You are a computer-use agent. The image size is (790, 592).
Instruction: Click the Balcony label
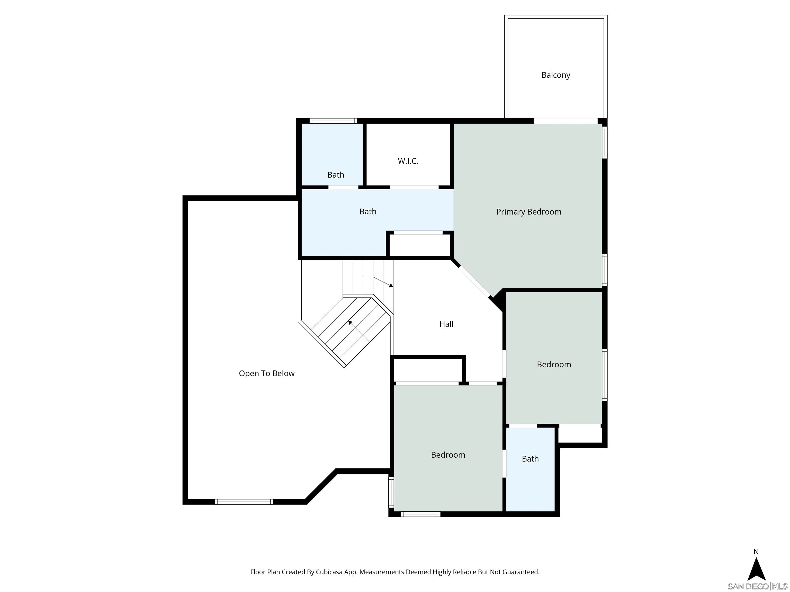pyautogui.click(x=555, y=75)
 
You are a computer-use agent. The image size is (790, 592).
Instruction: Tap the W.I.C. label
pyautogui.click(x=408, y=161)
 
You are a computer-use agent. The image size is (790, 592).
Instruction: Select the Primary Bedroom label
pyautogui.click(x=528, y=212)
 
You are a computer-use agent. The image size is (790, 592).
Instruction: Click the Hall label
pyautogui.click(x=446, y=324)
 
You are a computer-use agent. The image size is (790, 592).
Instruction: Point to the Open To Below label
pyautogui.click(x=266, y=373)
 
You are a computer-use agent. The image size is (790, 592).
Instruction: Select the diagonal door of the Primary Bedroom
pyautogui.click(x=474, y=282)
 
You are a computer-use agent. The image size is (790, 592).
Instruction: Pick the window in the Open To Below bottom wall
pyautogui.click(x=244, y=502)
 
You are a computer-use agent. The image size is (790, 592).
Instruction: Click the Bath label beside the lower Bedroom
pyautogui.click(x=530, y=459)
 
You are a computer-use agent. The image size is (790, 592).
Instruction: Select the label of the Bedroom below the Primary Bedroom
pyautogui.click(x=554, y=364)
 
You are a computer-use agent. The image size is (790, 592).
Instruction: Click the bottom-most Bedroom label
pyautogui.click(x=448, y=455)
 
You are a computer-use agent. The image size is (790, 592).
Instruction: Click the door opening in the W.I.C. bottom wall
pyautogui.click(x=414, y=187)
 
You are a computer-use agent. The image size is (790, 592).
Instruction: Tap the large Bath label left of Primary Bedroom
pyautogui.click(x=367, y=212)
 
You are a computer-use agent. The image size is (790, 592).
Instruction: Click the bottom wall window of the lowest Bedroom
pyautogui.click(x=420, y=514)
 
